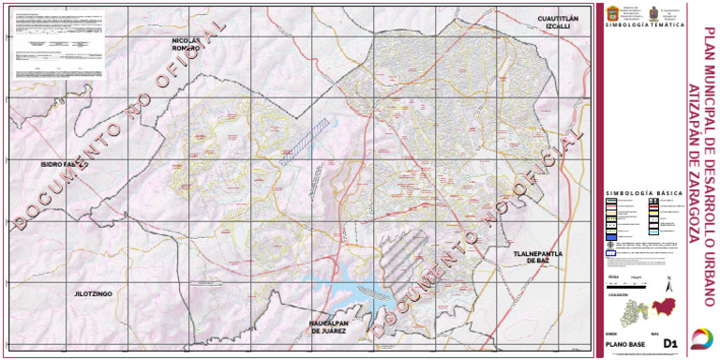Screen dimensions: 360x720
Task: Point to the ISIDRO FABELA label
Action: pos(64,164)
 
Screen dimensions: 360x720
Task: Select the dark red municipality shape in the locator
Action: pos(664,308)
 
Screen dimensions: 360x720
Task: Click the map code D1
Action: pos(669,343)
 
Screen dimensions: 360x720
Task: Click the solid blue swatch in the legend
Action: pos(609,252)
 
